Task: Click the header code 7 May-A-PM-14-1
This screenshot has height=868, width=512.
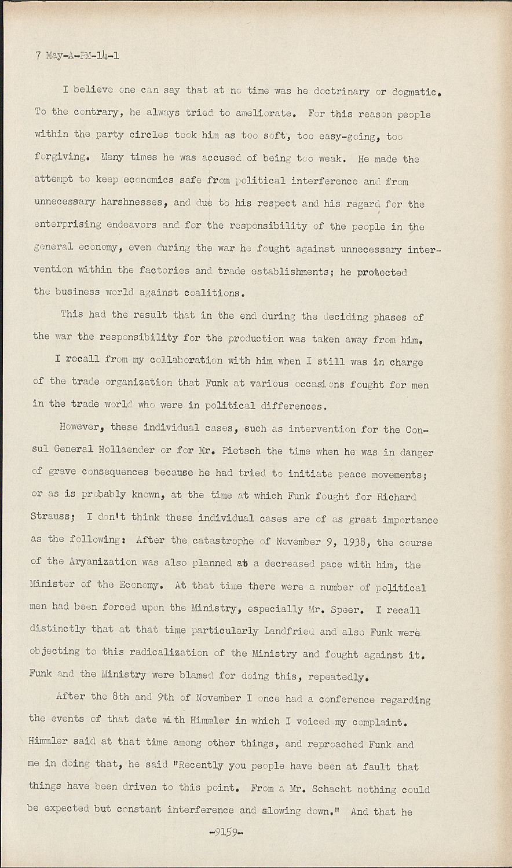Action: click(x=78, y=56)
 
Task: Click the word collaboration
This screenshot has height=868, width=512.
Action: click(x=186, y=361)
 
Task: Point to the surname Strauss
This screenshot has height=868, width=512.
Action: click(x=54, y=518)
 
